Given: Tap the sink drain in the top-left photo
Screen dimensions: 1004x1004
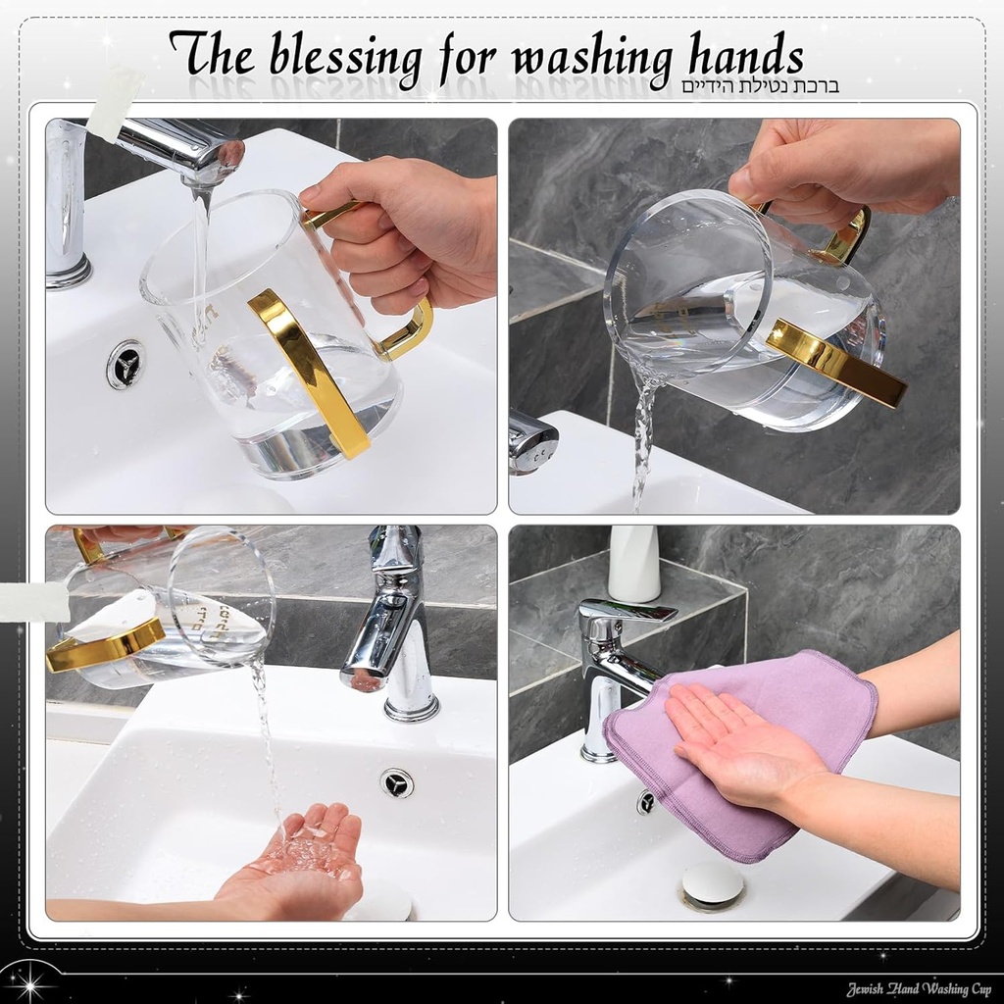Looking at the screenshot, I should click(x=125, y=364).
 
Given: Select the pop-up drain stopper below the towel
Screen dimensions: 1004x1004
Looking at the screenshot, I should click(x=712, y=884).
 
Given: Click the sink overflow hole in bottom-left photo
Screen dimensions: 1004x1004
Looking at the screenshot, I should click(x=397, y=782).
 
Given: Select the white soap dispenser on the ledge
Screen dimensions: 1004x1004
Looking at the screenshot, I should click(x=634, y=564).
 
